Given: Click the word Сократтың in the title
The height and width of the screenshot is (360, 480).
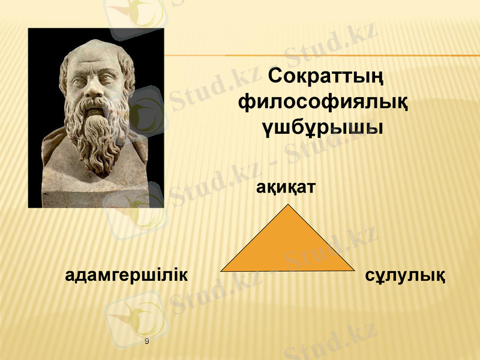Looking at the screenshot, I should pos(326,77).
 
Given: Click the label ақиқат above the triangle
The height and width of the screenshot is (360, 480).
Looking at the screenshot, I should pos(286,188).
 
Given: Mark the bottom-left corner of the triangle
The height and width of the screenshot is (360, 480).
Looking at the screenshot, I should pos(221,271).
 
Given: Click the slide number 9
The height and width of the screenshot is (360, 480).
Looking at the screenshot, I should pos(147,341).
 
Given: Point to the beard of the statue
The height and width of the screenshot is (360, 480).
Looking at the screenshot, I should pos(99,135).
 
